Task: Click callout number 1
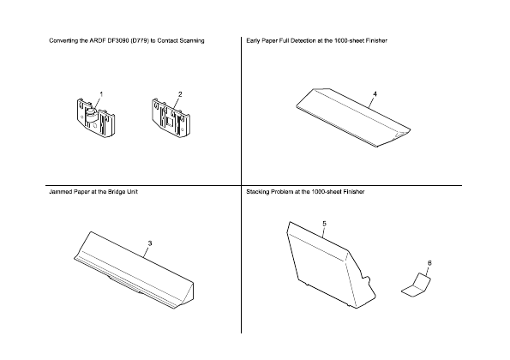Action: click(x=101, y=93)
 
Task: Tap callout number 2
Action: click(x=180, y=93)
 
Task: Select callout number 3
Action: click(x=149, y=244)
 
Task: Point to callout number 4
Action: click(x=375, y=93)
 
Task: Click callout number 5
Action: click(x=324, y=223)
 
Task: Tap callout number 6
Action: click(x=429, y=262)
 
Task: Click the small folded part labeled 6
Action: click(x=416, y=286)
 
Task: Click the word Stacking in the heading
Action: click(x=260, y=192)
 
